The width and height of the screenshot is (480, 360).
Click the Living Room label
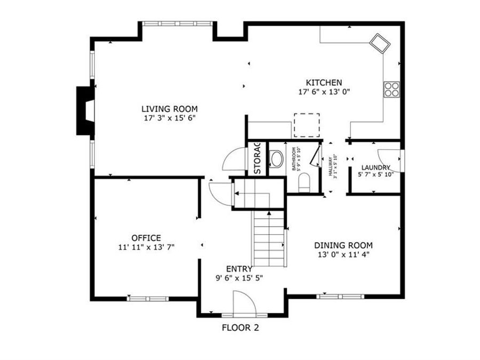169,109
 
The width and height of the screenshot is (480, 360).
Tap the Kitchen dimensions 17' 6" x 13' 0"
324,92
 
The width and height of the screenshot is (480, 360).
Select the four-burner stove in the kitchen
391,89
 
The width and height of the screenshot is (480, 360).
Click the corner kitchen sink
381,43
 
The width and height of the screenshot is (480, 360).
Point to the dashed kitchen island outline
307,125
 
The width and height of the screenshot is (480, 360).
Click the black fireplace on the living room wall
84,110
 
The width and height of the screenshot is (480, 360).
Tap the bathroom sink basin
276,159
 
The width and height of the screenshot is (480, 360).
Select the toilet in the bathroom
304,182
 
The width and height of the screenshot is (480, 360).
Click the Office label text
146,238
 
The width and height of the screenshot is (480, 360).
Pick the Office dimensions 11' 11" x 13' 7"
146,247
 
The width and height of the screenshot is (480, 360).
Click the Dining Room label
343,245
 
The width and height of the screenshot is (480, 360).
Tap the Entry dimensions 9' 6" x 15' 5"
239,277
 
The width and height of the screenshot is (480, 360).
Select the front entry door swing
245,304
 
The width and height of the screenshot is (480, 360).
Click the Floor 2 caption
240,328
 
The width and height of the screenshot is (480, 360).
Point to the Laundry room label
375,167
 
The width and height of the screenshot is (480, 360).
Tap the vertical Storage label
257,158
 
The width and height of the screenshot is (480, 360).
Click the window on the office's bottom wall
147,299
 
